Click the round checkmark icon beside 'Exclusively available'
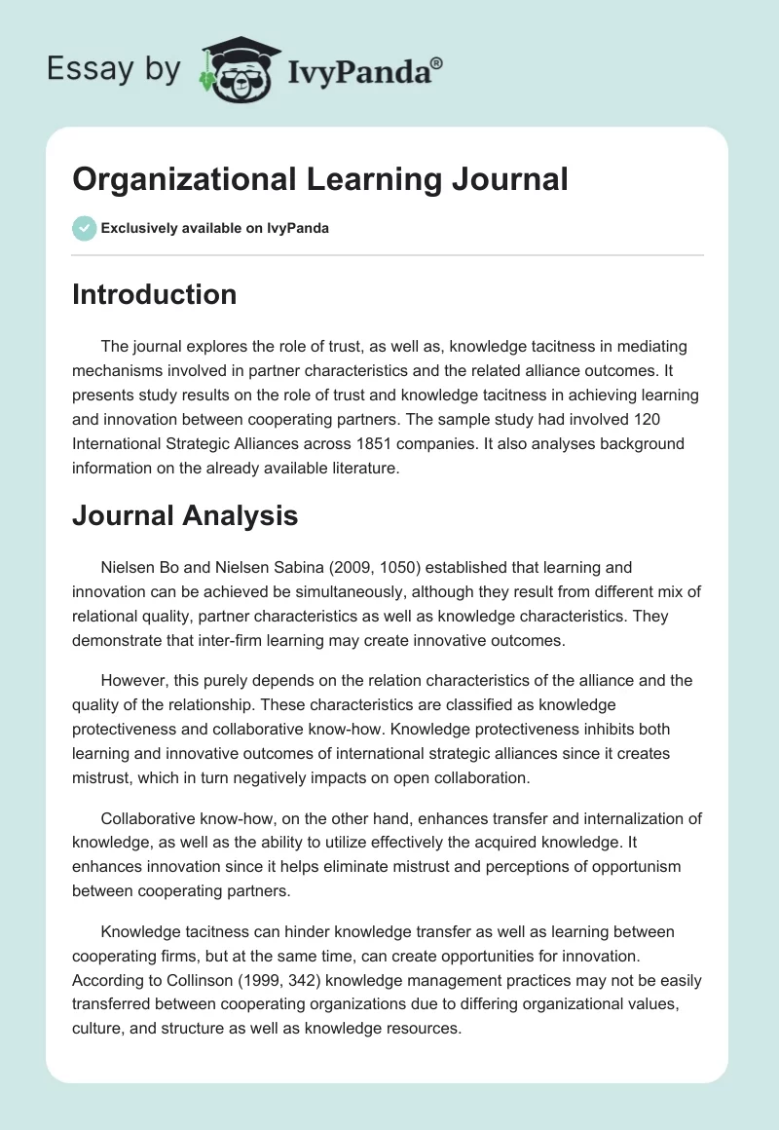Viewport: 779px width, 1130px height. [x=84, y=228]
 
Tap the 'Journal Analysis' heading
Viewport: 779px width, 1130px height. [x=185, y=515]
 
